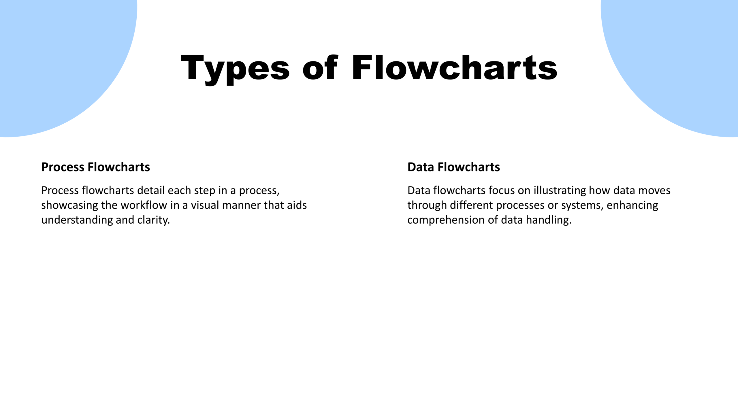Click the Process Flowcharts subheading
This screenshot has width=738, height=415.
[x=96, y=167]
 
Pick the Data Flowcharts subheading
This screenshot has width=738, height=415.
[x=454, y=167]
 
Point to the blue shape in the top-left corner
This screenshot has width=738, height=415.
[x=58, y=58]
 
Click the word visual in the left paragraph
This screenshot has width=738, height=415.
[x=205, y=205]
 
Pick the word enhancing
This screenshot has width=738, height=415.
[x=632, y=205]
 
